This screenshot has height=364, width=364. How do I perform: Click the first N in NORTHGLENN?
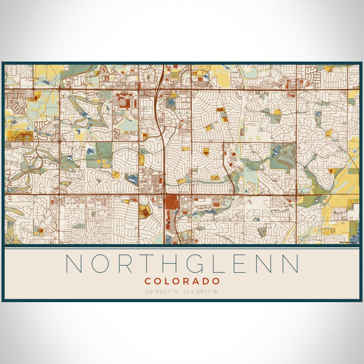pos(74,264)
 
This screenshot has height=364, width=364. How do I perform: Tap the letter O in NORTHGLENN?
pos(100,264)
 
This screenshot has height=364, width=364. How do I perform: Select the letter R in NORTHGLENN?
pos(126,264)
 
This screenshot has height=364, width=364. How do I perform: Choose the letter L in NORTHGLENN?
pos(225,264)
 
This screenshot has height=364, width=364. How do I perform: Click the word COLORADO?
pos(182,281)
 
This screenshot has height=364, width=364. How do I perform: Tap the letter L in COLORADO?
pos(167,281)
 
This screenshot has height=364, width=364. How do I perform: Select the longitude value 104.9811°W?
pos(201,291)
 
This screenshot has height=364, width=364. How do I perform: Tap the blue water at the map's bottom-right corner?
pos(355,229)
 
